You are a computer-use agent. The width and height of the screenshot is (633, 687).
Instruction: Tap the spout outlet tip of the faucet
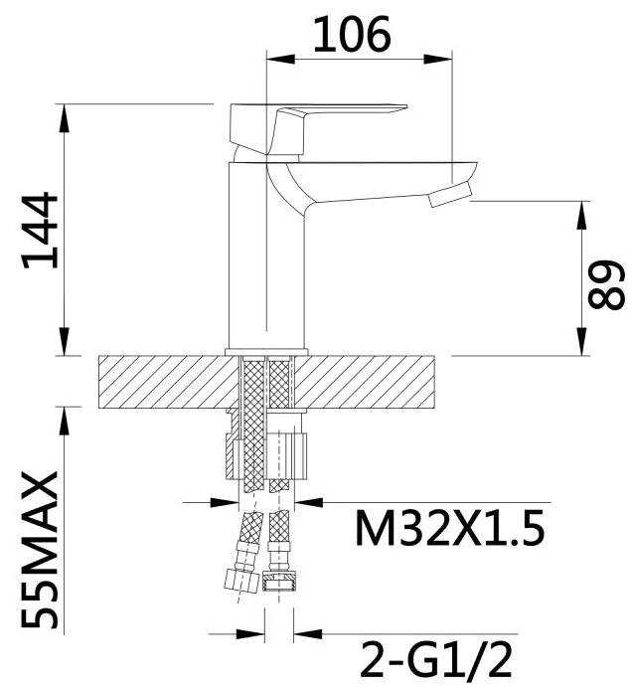(450, 194)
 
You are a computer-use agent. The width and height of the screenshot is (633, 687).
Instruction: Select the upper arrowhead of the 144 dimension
(67, 115)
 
